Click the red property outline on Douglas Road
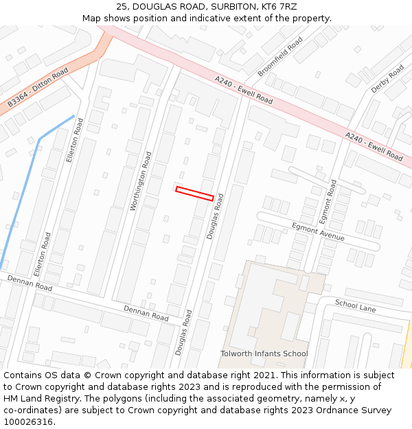click(x=194, y=194)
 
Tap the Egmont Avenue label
click(x=318, y=231)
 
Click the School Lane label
click(x=355, y=305)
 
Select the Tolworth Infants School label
click(x=264, y=353)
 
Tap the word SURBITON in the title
click(x=235, y=6)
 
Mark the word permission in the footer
click(x=363, y=387)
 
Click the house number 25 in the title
click(x=122, y=6)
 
